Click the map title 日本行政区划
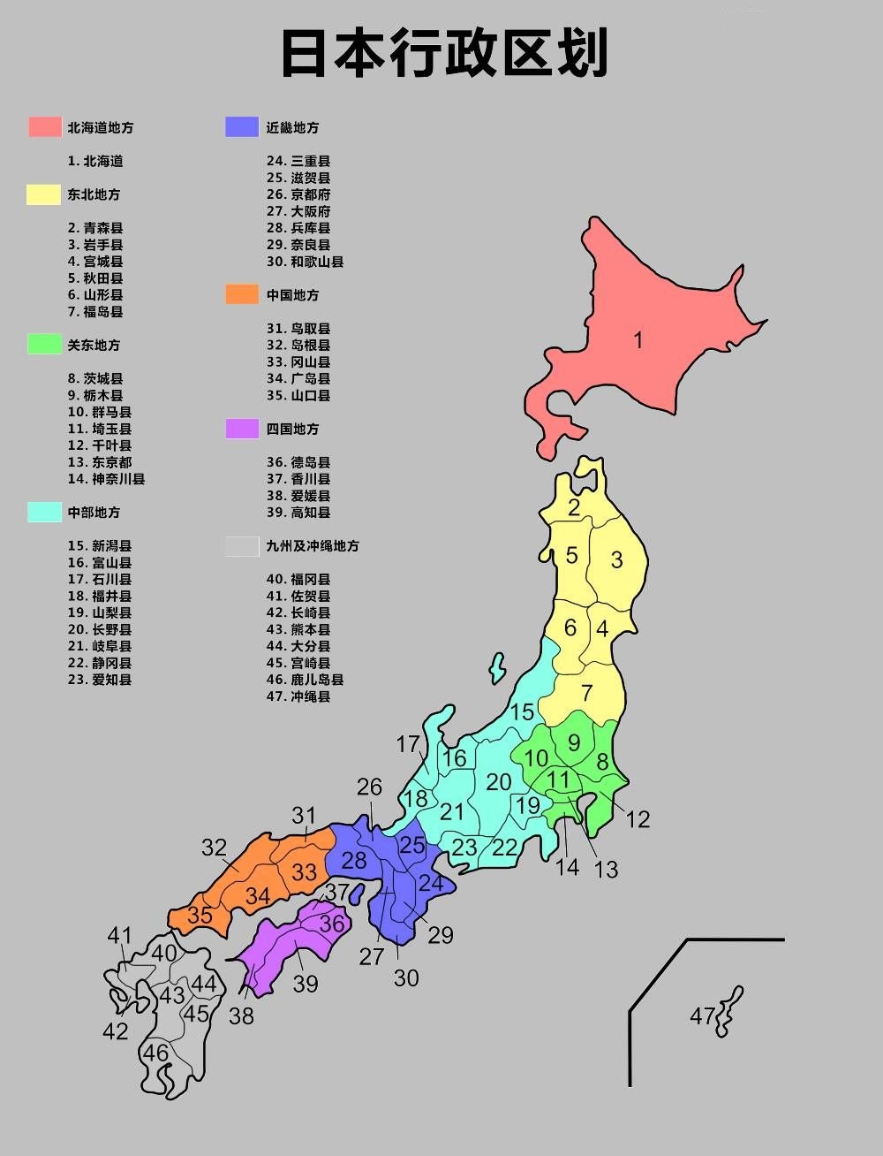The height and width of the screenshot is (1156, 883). [444, 53]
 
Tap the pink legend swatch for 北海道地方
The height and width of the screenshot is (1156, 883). [44, 126]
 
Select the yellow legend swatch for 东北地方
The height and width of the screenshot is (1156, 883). [43, 194]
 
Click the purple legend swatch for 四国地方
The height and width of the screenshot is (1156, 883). [242, 429]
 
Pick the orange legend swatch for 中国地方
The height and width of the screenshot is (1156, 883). [242, 294]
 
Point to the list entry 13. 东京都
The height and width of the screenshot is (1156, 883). [100, 462]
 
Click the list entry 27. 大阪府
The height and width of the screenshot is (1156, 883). [298, 211]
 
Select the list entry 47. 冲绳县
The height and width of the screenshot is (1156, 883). [298, 696]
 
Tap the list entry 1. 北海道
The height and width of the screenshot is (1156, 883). [95, 161]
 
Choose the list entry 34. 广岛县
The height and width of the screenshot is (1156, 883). [298, 378]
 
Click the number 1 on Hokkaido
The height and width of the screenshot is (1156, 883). [638, 340]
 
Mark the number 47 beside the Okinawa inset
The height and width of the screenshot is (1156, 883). [702, 1016]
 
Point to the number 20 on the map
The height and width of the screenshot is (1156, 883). [499, 781]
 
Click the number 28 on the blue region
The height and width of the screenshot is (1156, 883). [354, 860]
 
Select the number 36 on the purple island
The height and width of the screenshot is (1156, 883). [331, 924]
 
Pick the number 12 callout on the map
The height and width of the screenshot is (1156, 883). [638, 819]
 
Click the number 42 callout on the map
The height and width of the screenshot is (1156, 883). [115, 1031]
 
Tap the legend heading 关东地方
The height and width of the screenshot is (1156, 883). [94, 345]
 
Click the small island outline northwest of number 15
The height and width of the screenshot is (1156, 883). [498, 668]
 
